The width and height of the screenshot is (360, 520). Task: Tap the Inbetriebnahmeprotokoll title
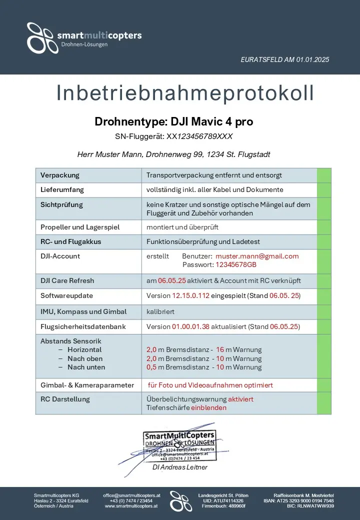[x=185, y=93]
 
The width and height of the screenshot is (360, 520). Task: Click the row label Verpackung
[x=60, y=175]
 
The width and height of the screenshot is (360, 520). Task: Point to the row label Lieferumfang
[x=62, y=190]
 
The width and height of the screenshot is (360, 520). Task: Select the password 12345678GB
[x=233, y=264]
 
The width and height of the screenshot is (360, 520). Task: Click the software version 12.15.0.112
[x=190, y=296]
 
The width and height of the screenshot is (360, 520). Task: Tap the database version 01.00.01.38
[x=190, y=326]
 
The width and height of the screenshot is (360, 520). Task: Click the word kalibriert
[x=160, y=311]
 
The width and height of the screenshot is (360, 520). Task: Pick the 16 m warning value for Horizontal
[x=220, y=350]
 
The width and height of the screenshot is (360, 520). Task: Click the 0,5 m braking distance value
[x=151, y=367]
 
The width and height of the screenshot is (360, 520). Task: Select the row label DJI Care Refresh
[x=67, y=280]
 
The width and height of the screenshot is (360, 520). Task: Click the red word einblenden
[x=208, y=407]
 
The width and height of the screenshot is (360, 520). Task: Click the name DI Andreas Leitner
[x=179, y=467]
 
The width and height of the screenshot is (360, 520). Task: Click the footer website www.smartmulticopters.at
[x=131, y=506]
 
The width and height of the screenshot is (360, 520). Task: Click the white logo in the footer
[x=180, y=500]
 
